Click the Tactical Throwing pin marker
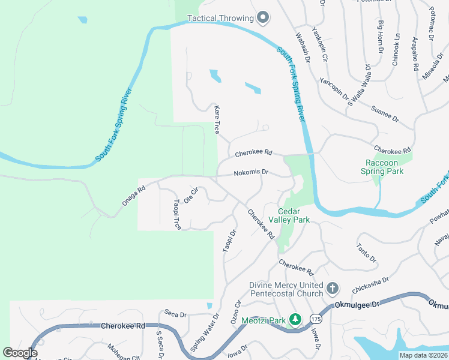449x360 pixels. tap(262, 19)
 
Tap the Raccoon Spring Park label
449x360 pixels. tap(385, 167)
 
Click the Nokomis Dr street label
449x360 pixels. tap(251, 172)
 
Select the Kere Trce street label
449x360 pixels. tap(217, 119)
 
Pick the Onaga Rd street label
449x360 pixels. tap(134, 196)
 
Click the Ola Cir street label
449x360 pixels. tap(191, 195)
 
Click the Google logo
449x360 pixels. tap(20, 353)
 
